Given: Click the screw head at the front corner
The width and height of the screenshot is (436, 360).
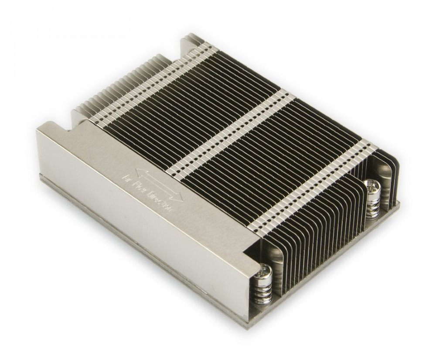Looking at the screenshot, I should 266,271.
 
